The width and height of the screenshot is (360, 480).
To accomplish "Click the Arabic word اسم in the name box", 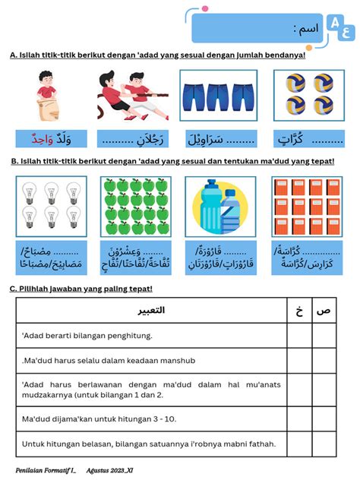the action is pos(306,30).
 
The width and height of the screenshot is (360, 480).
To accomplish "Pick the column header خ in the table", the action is pos(299,311).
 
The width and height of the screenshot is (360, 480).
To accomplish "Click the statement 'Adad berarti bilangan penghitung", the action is pos(87,335).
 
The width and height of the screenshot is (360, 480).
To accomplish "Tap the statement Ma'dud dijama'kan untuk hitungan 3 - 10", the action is pos(99,417).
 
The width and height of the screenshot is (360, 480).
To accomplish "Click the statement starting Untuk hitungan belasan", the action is pos(149,444).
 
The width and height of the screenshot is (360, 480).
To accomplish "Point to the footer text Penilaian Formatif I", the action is pos(46,470).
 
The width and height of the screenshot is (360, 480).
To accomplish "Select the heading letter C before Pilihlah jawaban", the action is pos(12,289).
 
